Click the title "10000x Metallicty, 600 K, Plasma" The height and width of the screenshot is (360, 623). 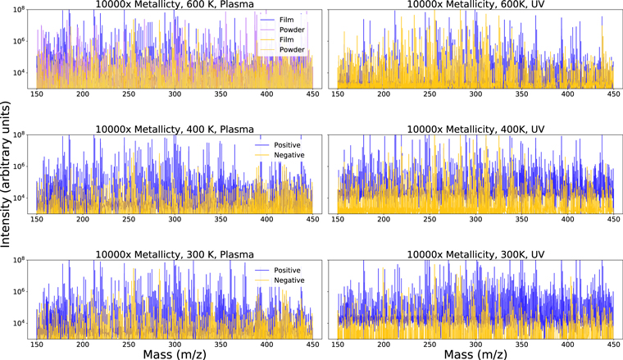pyautogui.click(x=174, y=6)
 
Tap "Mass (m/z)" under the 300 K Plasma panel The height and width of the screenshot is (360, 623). pyautogui.click(x=175, y=353)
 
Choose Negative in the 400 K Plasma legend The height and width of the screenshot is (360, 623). pyautogui.click(x=285, y=154)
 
